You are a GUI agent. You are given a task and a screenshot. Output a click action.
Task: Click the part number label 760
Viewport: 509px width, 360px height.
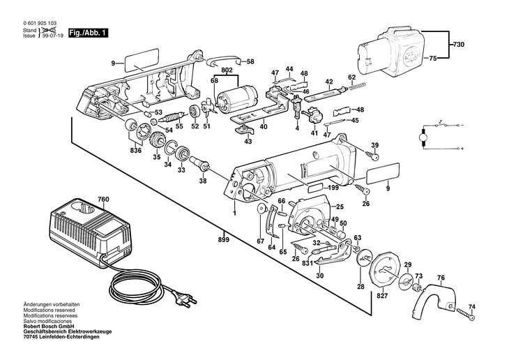(x=103, y=200)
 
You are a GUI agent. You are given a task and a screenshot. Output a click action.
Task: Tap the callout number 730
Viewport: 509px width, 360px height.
(x=457, y=45)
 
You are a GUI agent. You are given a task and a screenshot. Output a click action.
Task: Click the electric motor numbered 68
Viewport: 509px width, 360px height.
(x=236, y=103)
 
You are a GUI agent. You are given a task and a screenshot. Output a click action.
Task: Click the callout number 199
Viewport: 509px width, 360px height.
(x=334, y=188)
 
